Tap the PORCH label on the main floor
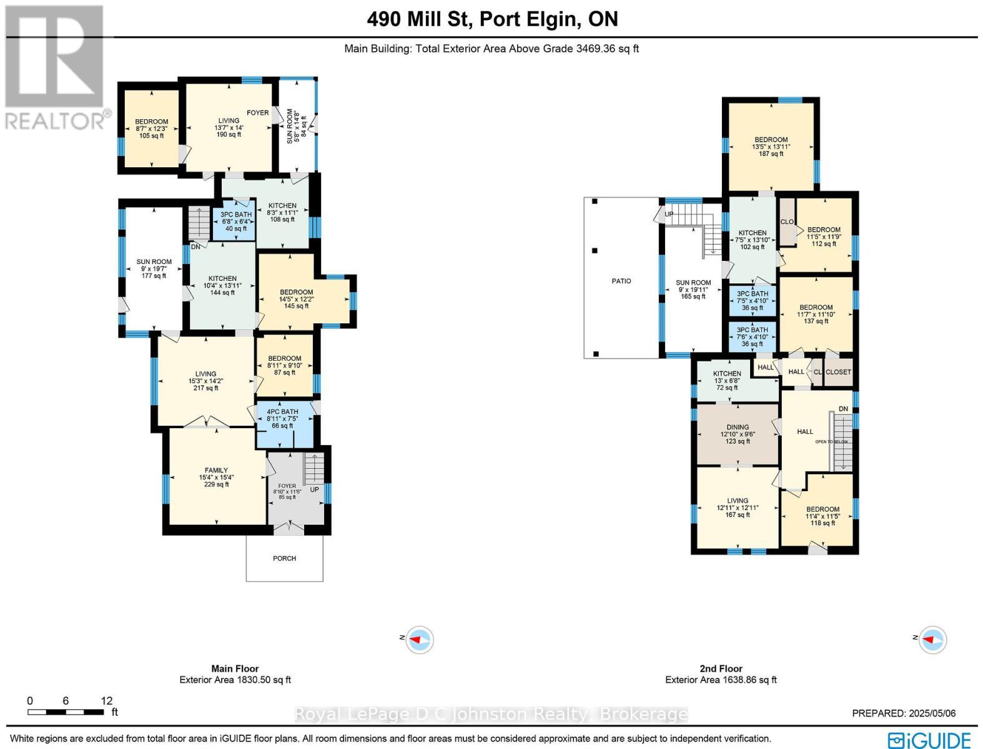(x=284, y=558)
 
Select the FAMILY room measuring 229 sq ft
(x=217, y=477)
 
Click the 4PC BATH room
(x=282, y=419)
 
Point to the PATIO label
(x=621, y=281)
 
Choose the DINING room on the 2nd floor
(x=738, y=434)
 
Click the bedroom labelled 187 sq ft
(x=771, y=147)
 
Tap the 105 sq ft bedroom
(x=151, y=129)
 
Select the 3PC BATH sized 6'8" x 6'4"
(x=235, y=222)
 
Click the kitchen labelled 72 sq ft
(x=727, y=380)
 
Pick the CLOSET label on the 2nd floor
(x=838, y=372)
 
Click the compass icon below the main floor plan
(x=419, y=640)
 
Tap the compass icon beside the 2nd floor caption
(x=932, y=640)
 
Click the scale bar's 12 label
(x=106, y=701)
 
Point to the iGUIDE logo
(x=929, y=740)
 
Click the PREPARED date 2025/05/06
(x=904, y=713)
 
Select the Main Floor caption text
(x=235, y=668)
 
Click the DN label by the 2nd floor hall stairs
(x=843, y=409)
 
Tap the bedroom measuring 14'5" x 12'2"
(x=296, y=299)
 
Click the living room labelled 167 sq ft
(x=738, y=507)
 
